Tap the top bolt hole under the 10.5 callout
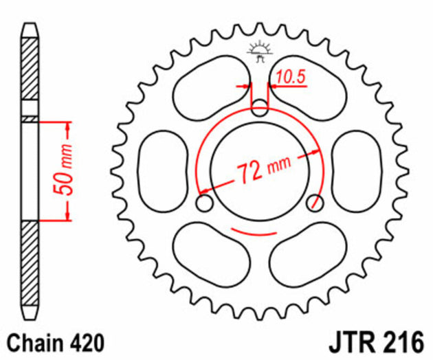(260, 107)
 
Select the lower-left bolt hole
(204, 203)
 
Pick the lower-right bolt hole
(315, 202)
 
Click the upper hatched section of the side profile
(30, 72)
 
